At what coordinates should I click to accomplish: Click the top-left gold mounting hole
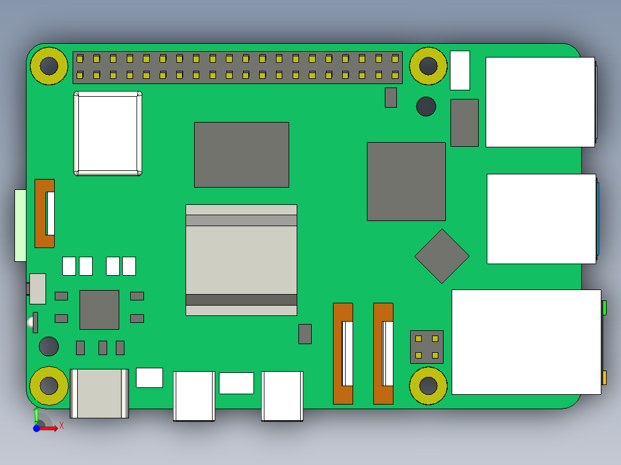(49, 66)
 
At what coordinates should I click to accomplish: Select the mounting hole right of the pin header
(428, 66)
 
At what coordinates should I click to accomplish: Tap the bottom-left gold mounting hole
(49, 385)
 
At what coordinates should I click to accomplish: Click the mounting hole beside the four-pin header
(428, 385)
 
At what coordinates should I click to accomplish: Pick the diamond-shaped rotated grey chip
(442, 256)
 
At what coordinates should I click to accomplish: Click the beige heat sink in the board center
(241, 260)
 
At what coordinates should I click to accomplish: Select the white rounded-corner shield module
(108, 134)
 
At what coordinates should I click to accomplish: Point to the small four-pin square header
(426, 346)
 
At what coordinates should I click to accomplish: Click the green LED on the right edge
(604, 308)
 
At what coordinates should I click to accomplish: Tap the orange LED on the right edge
(604, 378)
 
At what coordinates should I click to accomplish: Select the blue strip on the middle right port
(598, 219)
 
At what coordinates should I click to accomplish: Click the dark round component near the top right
(426, 106)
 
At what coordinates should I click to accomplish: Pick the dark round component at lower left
(49, 346)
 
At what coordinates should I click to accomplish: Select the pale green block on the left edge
(20, 225)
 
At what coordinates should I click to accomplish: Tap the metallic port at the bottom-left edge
(99, 393)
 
